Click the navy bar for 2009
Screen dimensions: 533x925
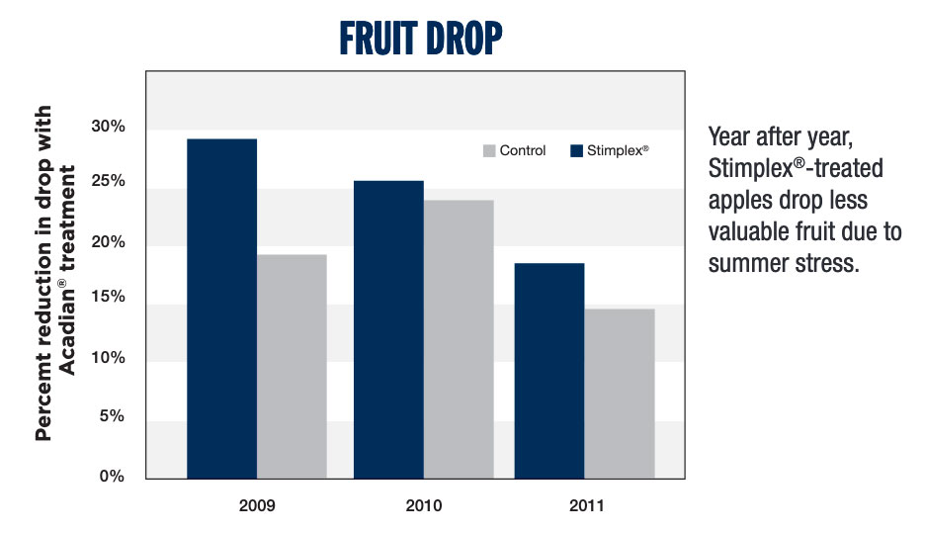(x=221, y=309)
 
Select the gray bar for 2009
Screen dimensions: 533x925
(x=292, y=366)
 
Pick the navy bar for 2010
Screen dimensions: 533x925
(x=389, y=329)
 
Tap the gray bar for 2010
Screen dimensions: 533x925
(x=459, y=339)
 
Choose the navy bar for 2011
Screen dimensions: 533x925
(x=549, y=371)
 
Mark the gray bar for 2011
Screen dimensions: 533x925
(x=619, y=394)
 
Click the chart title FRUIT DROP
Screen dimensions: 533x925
(x=421, y=39)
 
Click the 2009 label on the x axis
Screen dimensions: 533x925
(x=257, y=505)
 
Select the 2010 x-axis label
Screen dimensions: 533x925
(x=424, y=505)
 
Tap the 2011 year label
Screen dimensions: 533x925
(x=584, y=505)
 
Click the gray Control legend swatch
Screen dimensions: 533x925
(x=487, y=151)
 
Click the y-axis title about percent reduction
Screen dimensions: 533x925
(x=55, y=272)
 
